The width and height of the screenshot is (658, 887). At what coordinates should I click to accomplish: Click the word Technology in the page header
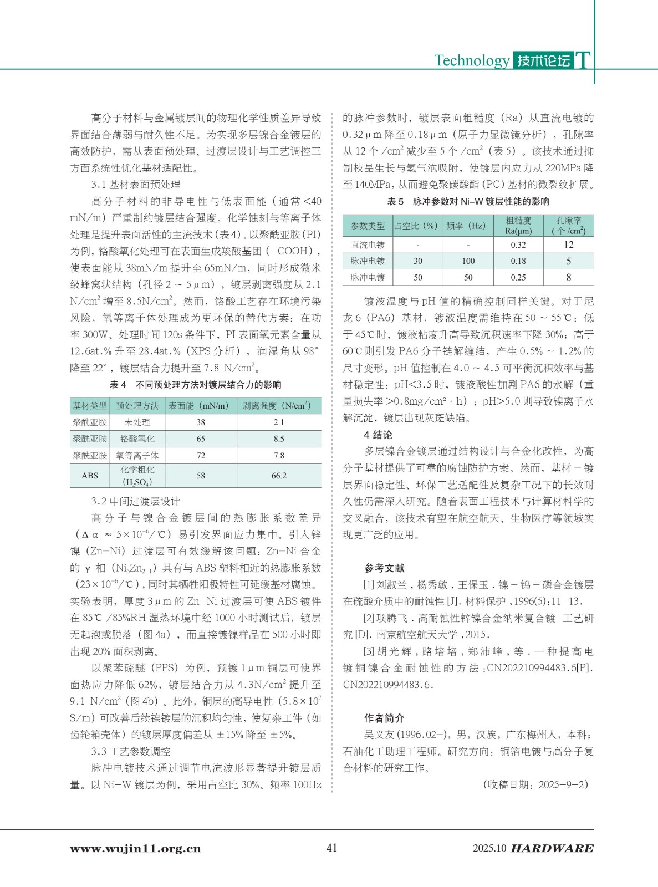[x=471, y=60]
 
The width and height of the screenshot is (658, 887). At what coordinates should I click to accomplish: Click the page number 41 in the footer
[x=331, y=848]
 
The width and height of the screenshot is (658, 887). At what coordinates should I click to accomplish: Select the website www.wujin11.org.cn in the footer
[x=135, y=849]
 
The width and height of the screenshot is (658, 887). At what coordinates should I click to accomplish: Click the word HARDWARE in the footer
[x=552, y=848]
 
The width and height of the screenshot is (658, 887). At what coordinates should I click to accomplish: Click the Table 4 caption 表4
[x=118, y=385]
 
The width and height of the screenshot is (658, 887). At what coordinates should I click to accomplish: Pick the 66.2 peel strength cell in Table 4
[x=279, y=476]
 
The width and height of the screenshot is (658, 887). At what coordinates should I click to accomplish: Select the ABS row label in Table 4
[x=90, y=476]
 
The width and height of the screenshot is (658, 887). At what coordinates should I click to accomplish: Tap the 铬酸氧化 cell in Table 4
[x=137, y=439]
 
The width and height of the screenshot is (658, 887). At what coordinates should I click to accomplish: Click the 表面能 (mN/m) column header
[x=198, y=406]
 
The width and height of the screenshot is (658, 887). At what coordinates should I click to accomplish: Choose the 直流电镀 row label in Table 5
[x=368, y=244]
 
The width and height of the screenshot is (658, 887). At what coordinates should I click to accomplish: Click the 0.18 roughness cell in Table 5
[x=518, y=261]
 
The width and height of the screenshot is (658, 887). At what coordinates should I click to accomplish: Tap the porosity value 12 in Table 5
[x=569, y=244]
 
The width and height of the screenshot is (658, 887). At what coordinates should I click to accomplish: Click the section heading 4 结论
[x=378, y=435]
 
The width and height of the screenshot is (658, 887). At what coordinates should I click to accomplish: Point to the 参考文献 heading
[x=384, y=568]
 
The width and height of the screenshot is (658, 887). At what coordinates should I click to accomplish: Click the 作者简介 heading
[x=384, y=718]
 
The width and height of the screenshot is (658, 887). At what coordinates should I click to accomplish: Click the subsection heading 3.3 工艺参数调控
[x=131, y=752]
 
